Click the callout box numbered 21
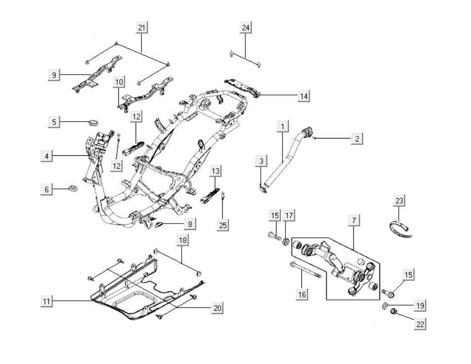point(142,28)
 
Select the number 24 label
point(246,28)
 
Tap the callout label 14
point(303,96)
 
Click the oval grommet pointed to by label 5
point(93,122)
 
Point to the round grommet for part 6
point(73,188)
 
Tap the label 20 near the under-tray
point(216,308)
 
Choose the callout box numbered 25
point(223,226)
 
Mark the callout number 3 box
point(262,161)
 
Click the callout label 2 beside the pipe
point(357,138)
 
